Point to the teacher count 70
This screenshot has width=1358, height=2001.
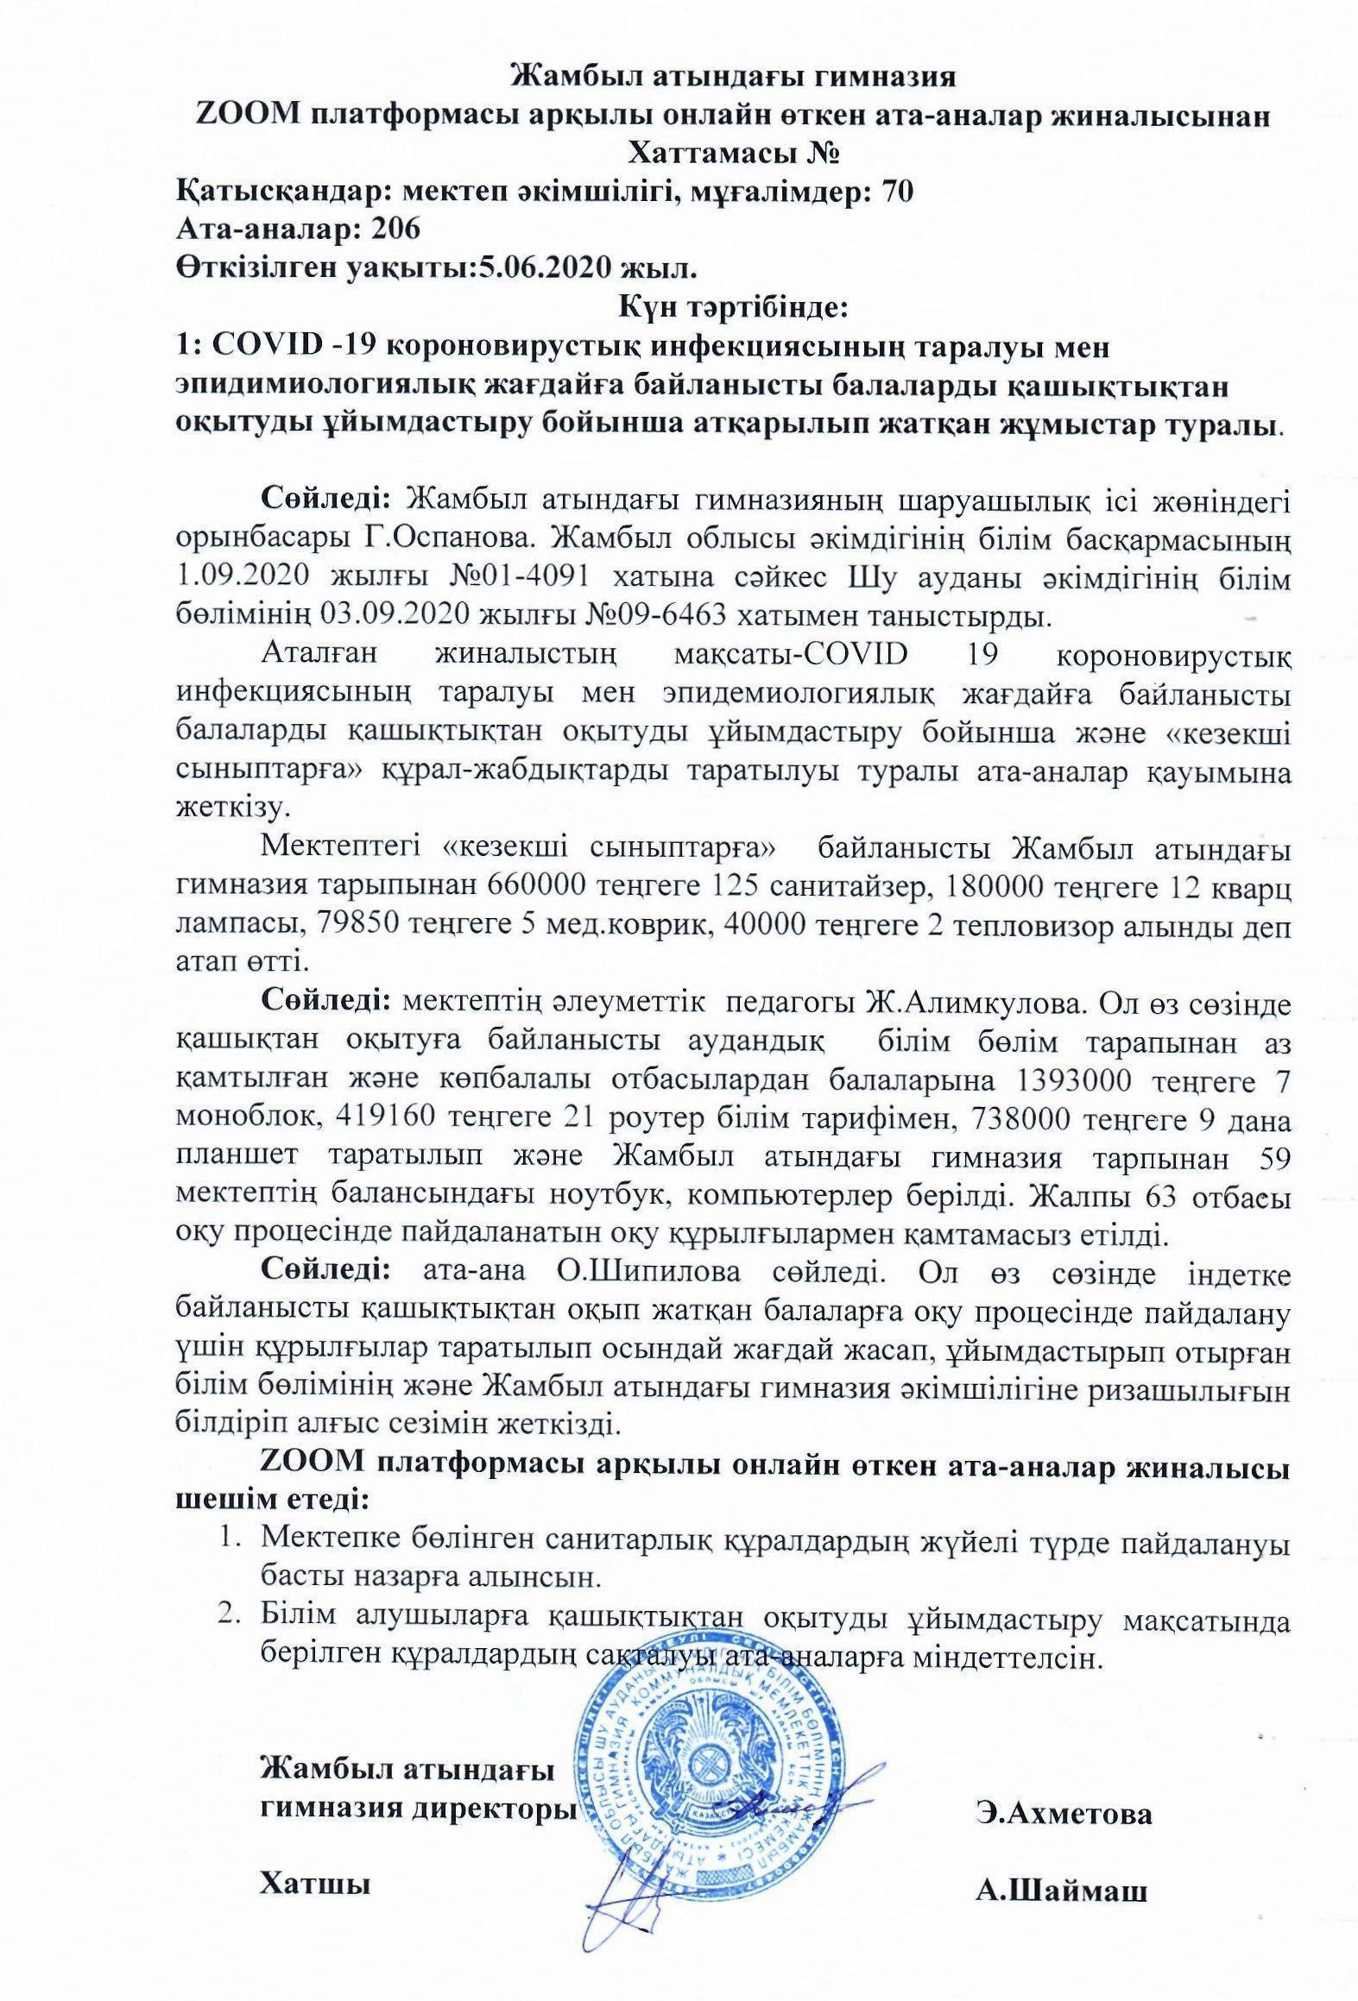(894, 192)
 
